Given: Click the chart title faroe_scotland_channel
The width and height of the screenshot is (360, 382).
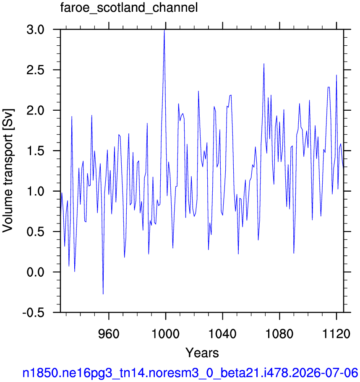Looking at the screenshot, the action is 129,8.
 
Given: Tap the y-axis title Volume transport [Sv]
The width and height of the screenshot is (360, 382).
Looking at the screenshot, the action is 8,171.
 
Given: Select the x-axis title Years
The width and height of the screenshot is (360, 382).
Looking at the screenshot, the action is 202,353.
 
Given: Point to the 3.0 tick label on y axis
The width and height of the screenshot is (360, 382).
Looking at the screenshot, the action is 36,29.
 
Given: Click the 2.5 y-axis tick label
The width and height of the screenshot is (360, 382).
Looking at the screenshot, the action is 36,70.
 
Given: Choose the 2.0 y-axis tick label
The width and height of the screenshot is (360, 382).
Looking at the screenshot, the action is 36,110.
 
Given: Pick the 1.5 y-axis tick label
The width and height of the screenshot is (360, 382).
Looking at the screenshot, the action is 36,151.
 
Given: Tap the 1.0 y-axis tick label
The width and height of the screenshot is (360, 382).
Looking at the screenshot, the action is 36,191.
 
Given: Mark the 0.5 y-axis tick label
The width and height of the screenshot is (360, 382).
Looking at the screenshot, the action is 36,232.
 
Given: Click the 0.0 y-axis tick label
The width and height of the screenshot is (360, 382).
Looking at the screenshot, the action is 36,272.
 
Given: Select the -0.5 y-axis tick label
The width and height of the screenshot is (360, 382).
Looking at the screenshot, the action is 34,312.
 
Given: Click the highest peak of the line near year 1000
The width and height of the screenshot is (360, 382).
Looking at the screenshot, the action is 164,30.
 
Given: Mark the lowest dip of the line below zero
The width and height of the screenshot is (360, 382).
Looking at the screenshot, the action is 103,294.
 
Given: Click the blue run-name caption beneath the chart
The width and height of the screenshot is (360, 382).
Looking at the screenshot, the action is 190,373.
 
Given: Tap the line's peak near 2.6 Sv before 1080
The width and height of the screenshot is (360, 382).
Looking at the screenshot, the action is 264,64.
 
